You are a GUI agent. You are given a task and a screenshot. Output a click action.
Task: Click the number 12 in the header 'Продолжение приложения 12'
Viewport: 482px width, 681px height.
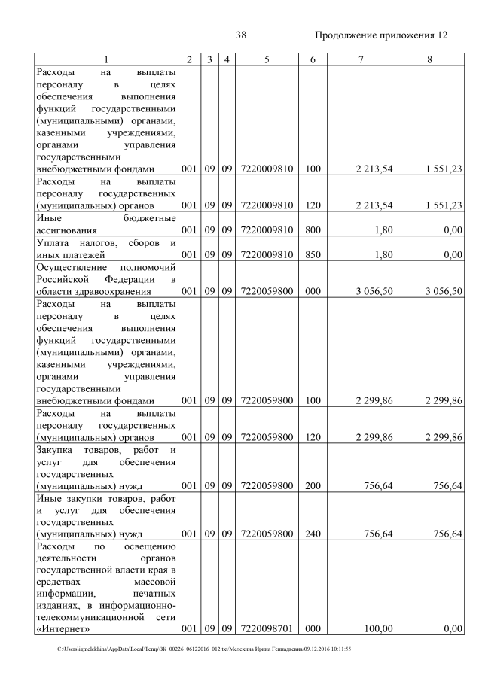pos(442,35)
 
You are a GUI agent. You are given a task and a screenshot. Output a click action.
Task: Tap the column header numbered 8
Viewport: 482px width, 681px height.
pos(429,59)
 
